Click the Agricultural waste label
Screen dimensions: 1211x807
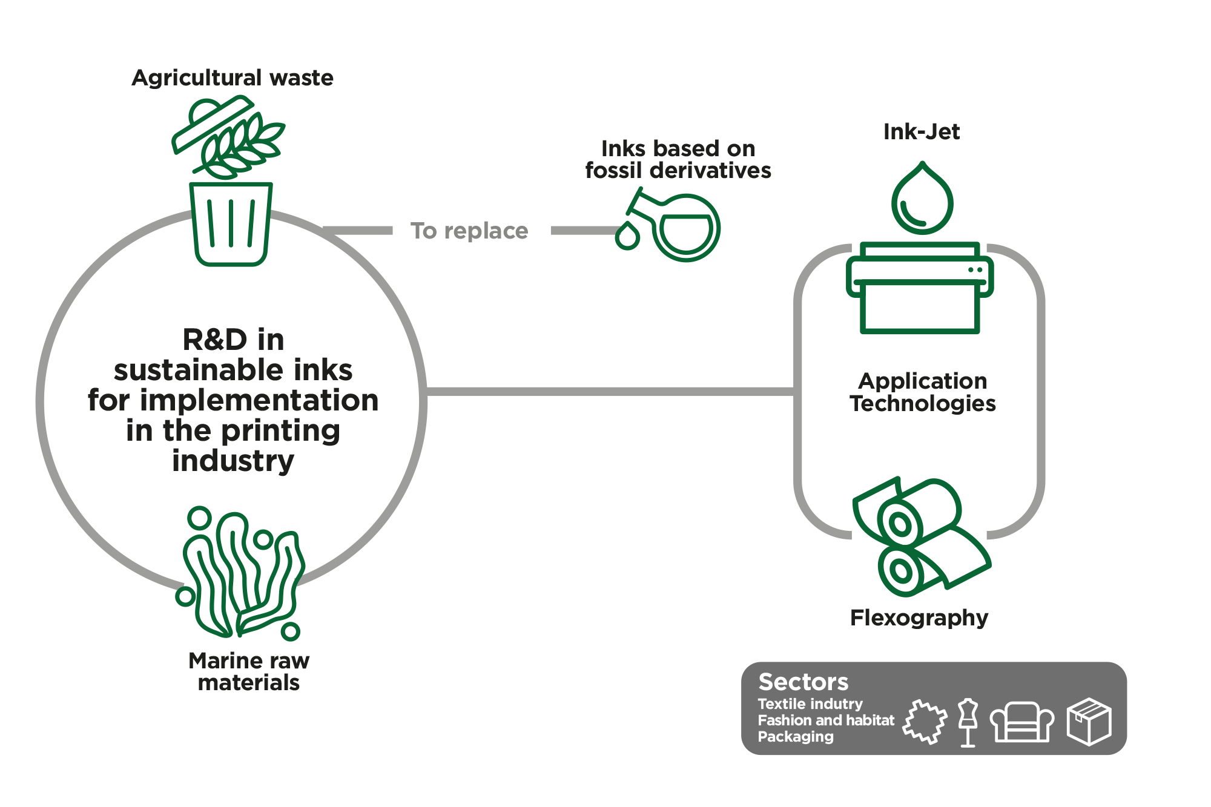233,78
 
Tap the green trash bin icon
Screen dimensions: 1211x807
231,224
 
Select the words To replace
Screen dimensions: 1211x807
469,231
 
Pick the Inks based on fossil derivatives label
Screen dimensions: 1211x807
678,159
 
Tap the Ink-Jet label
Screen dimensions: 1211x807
922,132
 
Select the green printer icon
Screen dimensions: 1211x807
920,288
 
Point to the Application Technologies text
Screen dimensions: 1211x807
923,392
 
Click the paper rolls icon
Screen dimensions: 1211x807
922,537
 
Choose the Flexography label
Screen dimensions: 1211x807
919,618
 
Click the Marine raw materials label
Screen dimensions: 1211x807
249,671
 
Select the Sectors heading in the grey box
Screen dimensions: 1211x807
803,682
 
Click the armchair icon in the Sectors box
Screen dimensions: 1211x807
1022,722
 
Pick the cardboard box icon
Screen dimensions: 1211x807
1089,721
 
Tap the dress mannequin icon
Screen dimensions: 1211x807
968,723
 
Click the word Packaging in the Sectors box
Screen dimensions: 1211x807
796,737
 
